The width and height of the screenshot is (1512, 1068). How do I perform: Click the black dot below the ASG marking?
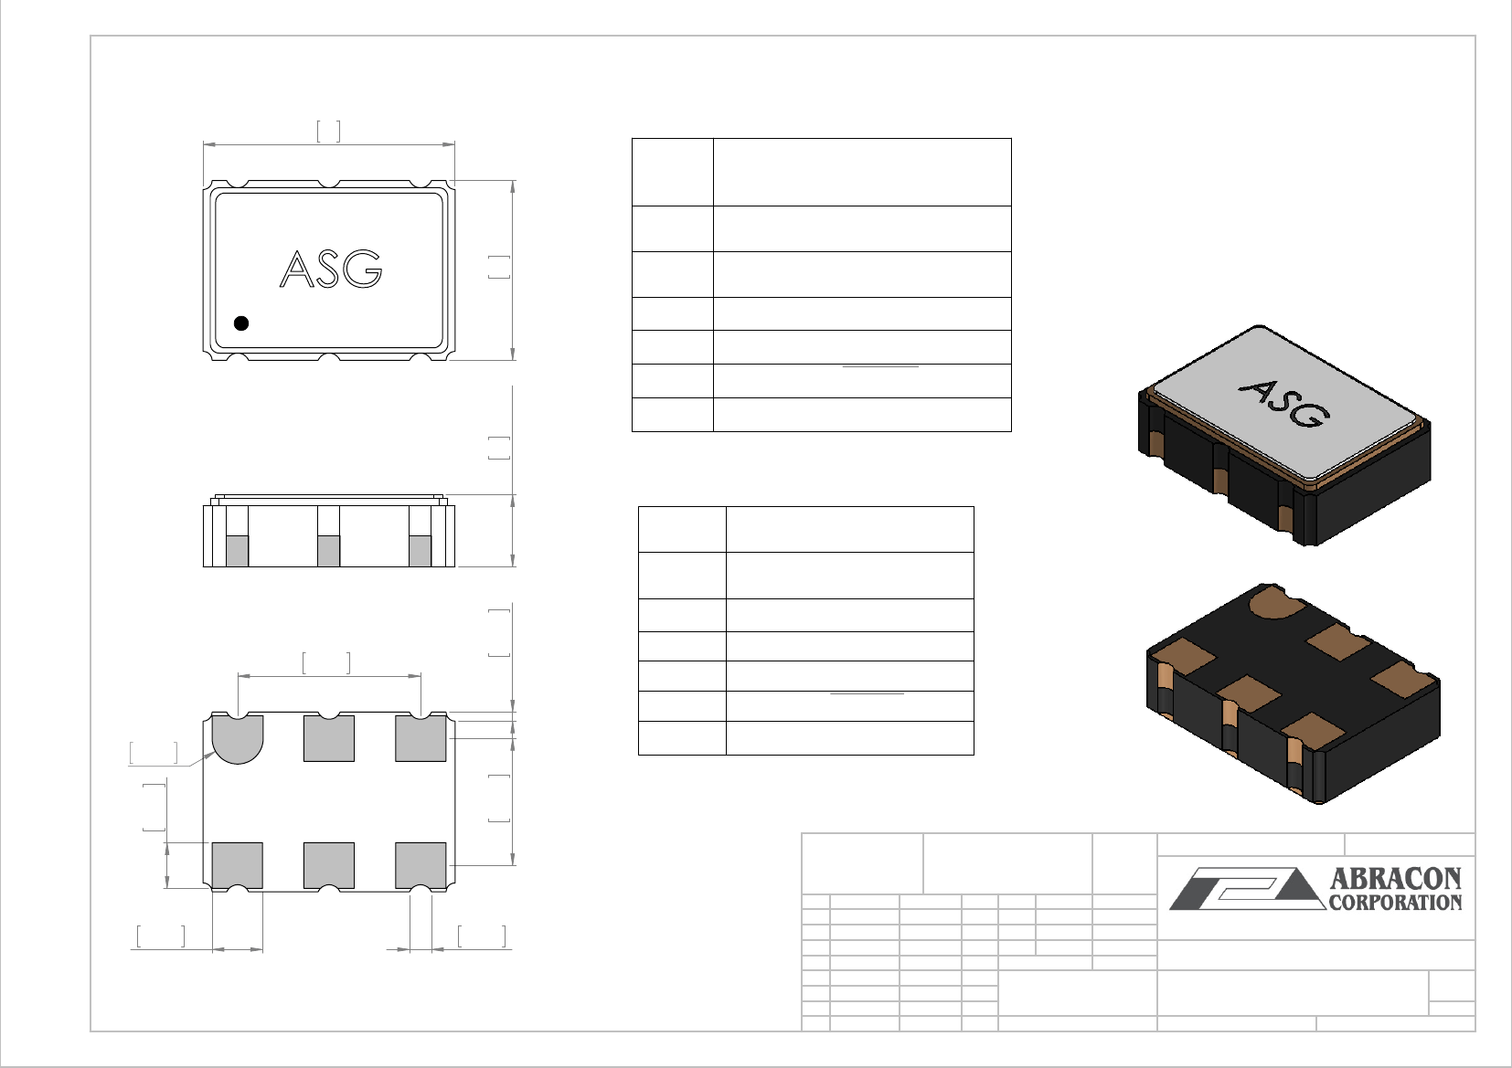[241, 323]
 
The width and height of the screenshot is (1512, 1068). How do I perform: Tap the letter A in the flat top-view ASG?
[296, 269]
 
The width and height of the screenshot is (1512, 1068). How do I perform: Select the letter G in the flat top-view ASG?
[363, 269]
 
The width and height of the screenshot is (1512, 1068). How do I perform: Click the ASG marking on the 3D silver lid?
[1284, 403]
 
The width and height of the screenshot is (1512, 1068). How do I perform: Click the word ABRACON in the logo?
[1395, 878]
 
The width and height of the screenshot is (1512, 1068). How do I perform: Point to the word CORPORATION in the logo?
[1395, 903]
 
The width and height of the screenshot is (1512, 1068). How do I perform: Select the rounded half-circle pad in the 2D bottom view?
[238, 739]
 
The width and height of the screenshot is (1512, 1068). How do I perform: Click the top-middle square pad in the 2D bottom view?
[329, 738]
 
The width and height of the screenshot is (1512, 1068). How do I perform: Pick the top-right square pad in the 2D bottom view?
[421, 738]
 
